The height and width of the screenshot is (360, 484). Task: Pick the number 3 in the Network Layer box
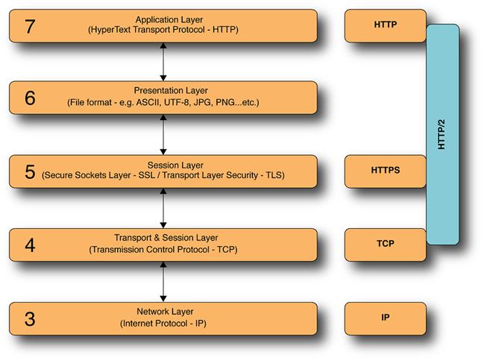[29, 318]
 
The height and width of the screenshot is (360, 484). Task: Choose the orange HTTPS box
[385, 171]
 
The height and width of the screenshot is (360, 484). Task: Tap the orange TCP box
[385, 244]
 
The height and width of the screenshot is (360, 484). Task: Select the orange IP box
[385, 318]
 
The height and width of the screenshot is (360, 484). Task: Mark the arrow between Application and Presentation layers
[163, 61]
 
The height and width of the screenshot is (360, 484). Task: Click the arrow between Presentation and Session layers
[163, 134]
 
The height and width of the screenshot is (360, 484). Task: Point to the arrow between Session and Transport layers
[163, 207]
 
